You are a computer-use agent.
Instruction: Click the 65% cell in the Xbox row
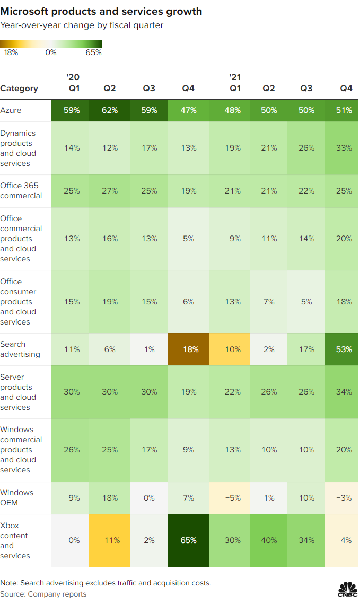point(189,540)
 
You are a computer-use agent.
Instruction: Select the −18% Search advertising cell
point(189,349)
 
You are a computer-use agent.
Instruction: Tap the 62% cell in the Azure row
point(110,110)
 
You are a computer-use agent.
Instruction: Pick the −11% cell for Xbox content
point(110,540)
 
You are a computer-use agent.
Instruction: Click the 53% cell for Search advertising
point(344,349)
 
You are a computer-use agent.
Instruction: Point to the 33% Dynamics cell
point(344,148)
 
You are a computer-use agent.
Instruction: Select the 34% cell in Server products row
point(344,392)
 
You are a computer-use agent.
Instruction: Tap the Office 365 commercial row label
point(21,190)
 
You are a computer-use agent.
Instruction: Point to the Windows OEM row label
point(16,498)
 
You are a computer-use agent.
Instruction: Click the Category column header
point(19,89)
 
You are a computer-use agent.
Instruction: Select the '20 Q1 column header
point(74,83)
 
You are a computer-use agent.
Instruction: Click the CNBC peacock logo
point(347,589)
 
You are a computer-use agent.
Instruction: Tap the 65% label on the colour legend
point(93,52)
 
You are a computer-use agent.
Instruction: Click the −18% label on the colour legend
point(9,52)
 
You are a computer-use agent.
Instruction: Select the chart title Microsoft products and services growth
point(101,11)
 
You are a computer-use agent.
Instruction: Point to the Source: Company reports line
point(43,594)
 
